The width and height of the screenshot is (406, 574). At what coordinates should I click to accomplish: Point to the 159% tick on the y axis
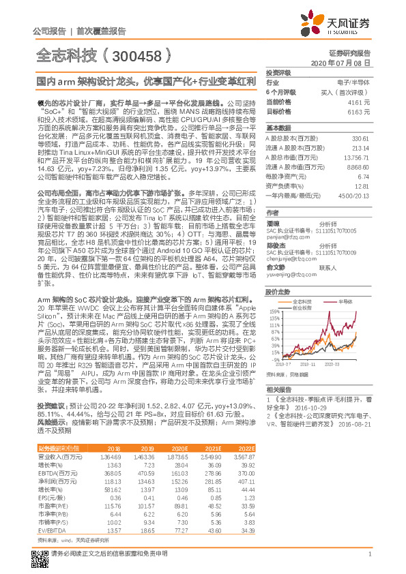point(274,312)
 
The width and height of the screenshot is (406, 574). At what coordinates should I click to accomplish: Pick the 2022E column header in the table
point(246,447)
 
